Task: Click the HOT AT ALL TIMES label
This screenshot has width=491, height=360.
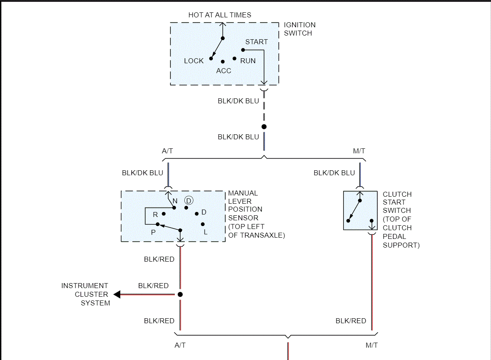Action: click(219, 15)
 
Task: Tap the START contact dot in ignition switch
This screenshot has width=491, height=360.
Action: click(243, 50)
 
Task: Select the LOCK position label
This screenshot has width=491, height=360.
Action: click(194, 61)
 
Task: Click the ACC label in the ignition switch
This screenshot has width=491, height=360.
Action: click(224, 71)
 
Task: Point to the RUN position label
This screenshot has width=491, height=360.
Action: click(248, 61)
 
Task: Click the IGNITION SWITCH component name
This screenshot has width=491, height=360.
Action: click(299, 29)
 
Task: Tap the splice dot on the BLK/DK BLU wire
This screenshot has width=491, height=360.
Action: click(264, 126)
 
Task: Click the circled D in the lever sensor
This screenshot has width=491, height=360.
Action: click(189, 200)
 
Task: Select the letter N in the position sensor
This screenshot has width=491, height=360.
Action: click(175, 201)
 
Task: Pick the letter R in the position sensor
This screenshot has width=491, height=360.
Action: click(155, 215)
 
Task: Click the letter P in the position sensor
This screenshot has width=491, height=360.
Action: click(153, 232)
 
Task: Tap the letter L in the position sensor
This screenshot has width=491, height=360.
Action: click(205, 232)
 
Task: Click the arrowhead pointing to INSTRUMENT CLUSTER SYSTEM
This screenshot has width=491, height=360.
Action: click(117, 294)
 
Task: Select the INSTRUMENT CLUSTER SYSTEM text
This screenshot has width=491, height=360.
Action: click(86, 294)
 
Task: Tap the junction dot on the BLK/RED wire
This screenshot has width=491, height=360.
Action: click(180, 294)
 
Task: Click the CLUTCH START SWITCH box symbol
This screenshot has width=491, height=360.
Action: click(360, 210)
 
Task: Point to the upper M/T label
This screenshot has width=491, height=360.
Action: click(359, 151)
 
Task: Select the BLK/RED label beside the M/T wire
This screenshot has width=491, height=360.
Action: click(351, 321)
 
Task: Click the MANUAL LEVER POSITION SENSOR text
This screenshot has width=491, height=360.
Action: click(256, 214)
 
